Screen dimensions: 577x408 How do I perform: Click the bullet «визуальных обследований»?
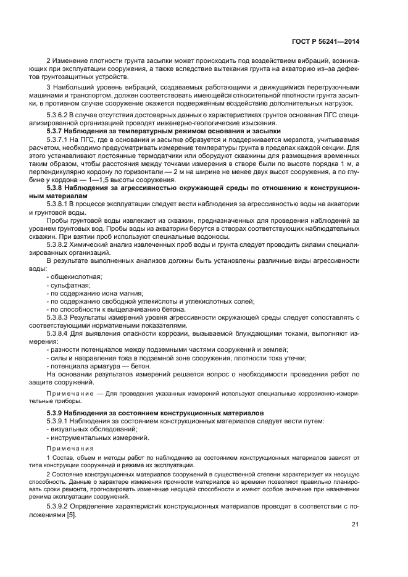tap(93, 429)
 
